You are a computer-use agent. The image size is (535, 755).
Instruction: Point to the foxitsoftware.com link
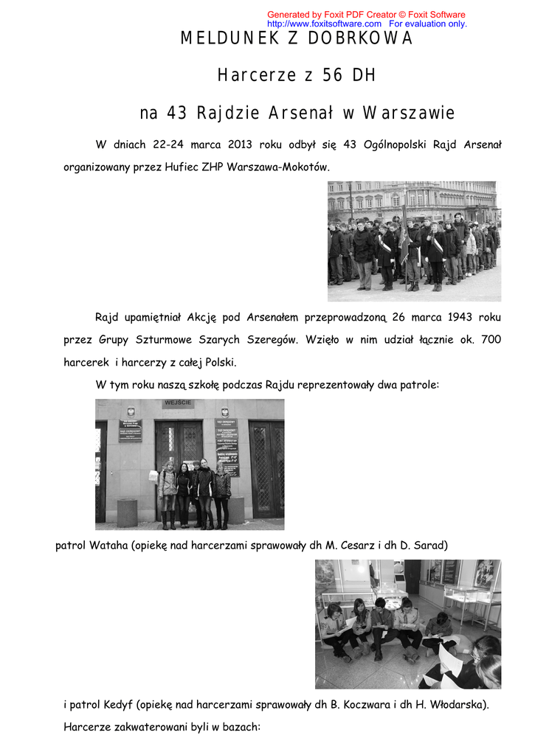[324, 24]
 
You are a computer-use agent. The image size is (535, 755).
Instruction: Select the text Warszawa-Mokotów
[277, 167]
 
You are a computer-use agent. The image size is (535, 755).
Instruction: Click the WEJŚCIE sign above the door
[179, 403]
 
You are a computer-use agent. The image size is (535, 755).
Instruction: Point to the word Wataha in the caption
[108, 546]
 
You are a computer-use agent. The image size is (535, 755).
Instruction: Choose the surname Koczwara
[364, 705]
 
